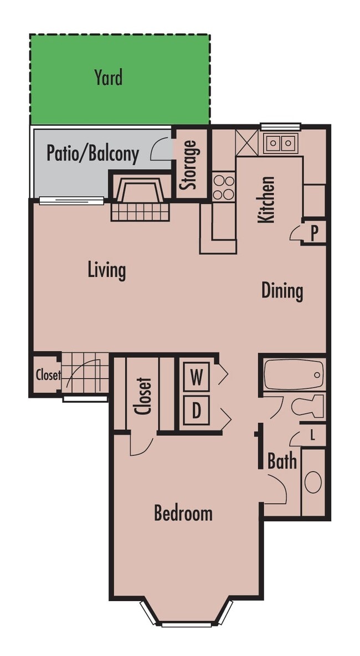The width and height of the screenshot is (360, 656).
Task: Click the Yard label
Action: [x=108, y=78]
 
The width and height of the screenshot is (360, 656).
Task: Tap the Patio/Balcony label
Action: [x=92, y=153]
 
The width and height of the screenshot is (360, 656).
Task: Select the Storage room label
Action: [x=190, y=165]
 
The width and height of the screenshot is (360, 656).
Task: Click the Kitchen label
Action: [x=267, y=199]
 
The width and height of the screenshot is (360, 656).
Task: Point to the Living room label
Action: [x=107, y=270]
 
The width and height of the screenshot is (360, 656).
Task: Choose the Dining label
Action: [x=282, y=291]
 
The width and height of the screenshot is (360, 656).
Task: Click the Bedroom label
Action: [x=183, y=513]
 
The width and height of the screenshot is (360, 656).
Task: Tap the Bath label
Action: [x=282, y=461]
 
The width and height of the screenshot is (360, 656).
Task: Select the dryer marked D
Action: [x=196, y=411]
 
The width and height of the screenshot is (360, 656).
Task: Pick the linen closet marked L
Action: [x=313, y=435]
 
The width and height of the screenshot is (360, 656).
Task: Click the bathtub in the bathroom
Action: [x=293, y=375]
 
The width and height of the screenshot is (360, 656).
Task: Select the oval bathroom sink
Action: [x=313, y=482]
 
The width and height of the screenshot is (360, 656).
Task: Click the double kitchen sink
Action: [x=280, y=143]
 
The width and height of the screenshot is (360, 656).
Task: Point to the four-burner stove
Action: [x=224, y=187]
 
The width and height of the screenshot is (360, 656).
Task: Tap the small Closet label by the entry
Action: [x=48, y=375]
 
